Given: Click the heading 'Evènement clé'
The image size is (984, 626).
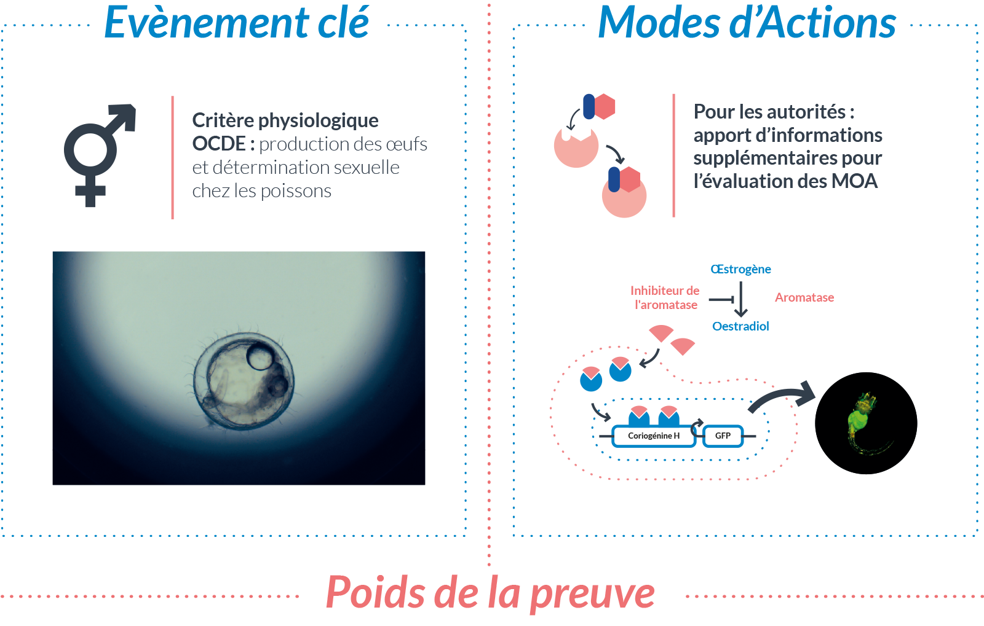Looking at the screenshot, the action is (237, 22).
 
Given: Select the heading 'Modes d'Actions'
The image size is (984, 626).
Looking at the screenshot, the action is (747, 22).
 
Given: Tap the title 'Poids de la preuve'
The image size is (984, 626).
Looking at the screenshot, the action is (490, 593).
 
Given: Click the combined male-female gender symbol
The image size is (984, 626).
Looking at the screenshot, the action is (99, 154).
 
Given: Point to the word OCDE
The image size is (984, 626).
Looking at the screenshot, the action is (219, 144).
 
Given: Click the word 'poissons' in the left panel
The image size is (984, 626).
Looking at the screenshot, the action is (296, 191).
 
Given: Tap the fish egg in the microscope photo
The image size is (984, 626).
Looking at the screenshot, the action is (244, 381).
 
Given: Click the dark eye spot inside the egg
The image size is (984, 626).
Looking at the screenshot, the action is (260, 356).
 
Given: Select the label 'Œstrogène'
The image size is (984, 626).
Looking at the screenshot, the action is (740, 269).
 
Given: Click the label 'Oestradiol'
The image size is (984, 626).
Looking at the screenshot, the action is (740, 326).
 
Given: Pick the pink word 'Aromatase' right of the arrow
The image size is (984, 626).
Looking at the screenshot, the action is (804, 297).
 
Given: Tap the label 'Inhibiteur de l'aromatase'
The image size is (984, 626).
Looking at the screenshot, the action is (665, 297).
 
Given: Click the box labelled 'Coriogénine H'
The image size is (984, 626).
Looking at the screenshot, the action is (654, 436).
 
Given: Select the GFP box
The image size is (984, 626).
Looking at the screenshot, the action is (723, 436).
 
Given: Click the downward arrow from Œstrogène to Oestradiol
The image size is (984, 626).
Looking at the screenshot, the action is (740, 299).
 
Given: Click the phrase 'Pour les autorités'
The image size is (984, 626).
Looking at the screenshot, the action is (769, 112).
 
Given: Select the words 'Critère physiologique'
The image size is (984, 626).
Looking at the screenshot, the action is (285, 120).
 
